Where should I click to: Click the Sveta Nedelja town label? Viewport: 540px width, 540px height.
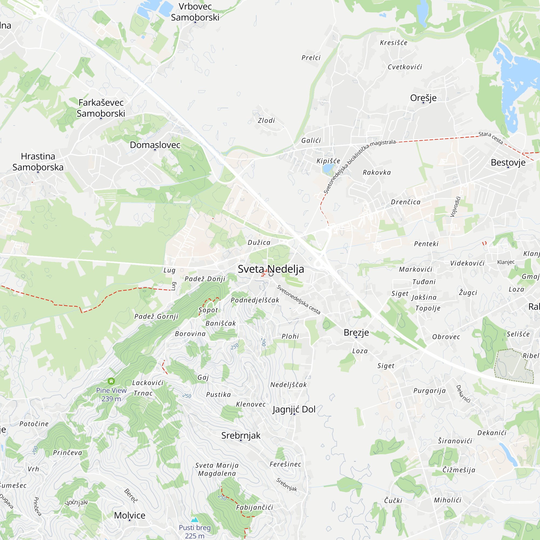[271, 269]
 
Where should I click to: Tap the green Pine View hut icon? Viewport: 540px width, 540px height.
[111, 381]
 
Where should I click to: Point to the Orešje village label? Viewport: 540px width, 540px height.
[423, 98]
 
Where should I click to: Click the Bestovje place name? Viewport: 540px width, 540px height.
[508, 162]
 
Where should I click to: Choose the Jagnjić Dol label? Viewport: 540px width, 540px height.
[294, 409]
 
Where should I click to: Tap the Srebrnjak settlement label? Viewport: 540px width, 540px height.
[241, 436]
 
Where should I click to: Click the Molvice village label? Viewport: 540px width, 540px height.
[129, 515]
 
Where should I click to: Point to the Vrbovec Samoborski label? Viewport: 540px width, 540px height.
[195, 12]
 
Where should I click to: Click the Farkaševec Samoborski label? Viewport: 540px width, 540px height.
[101, 108]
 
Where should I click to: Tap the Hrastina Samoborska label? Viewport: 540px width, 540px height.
[38, 161]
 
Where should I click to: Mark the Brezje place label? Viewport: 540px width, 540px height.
[356, 332]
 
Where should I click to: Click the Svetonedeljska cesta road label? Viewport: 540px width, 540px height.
[298, 299]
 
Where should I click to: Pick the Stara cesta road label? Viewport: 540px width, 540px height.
[491, 138]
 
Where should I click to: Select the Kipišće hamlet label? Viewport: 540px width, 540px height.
[328, 161]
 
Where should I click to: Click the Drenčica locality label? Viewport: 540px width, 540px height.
[405, 202]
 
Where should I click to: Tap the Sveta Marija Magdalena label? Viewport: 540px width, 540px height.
[217, 469]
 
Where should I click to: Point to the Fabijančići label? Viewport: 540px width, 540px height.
[254, 507]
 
